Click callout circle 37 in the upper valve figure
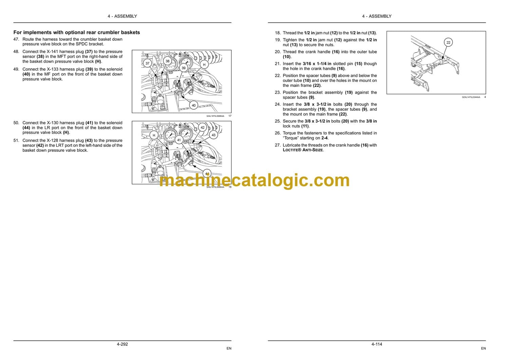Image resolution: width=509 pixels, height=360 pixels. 147,63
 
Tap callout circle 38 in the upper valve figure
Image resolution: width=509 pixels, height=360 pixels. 168,61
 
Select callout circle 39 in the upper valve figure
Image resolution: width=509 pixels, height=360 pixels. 183,68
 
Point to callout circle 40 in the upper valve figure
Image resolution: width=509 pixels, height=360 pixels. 194,105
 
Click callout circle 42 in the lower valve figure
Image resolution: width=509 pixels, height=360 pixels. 203,128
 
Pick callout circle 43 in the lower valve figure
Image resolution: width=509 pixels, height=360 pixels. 213,135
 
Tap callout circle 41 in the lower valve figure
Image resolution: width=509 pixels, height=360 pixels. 179,140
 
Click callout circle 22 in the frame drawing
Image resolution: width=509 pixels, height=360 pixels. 448,42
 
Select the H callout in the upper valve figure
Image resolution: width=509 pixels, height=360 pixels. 204,65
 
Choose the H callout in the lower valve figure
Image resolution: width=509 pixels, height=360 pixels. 154,135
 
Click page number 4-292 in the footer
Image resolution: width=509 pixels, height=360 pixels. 122,344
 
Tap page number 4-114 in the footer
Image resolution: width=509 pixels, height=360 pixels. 377,344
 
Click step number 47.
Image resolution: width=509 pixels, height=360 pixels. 16,39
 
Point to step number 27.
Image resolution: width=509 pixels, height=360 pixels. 278,145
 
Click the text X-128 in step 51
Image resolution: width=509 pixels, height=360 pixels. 52,141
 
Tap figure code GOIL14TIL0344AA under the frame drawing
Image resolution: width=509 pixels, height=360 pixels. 471,97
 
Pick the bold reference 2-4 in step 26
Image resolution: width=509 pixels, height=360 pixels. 324,138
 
